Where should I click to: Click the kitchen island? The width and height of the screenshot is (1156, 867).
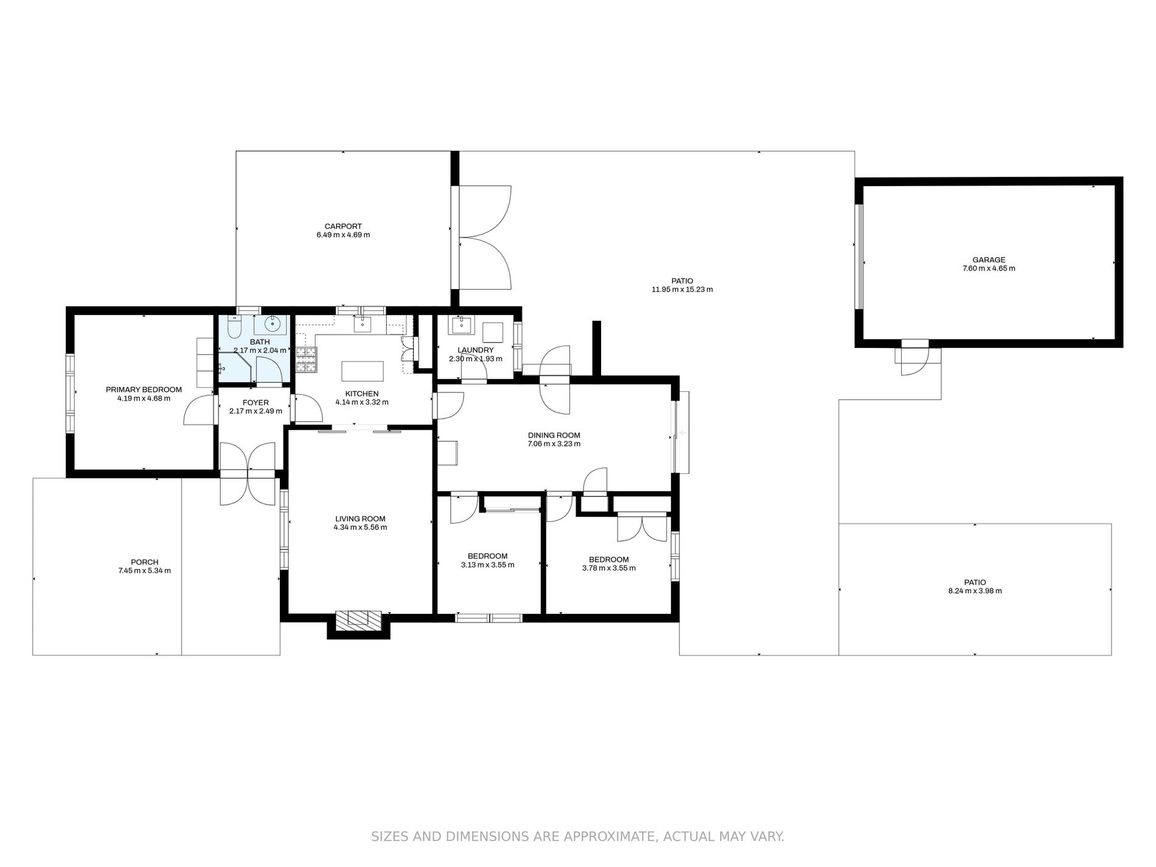coord(363,371)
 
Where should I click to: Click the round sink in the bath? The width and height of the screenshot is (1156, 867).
coord(275,325)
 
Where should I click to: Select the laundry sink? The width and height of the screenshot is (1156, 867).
coord(461,325)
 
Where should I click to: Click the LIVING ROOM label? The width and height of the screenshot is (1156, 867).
coord(360,519)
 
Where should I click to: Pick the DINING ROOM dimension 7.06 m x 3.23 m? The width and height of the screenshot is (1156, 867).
coord(554,444)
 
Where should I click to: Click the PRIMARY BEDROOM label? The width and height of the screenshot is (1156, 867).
coord(144,390)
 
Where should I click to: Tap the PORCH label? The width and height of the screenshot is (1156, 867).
coord(145,562)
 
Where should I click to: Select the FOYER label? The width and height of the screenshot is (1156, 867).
coord(256,403)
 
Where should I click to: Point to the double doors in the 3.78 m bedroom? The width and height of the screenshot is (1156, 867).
coord(642,528)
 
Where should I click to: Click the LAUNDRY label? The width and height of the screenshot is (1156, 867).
coord(476,350)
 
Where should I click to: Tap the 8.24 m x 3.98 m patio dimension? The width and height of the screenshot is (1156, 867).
coord(975,591)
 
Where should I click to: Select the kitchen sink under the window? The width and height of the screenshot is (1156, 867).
coord(363,324)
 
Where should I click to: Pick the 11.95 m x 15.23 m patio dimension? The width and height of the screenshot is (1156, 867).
coord(682,290)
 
